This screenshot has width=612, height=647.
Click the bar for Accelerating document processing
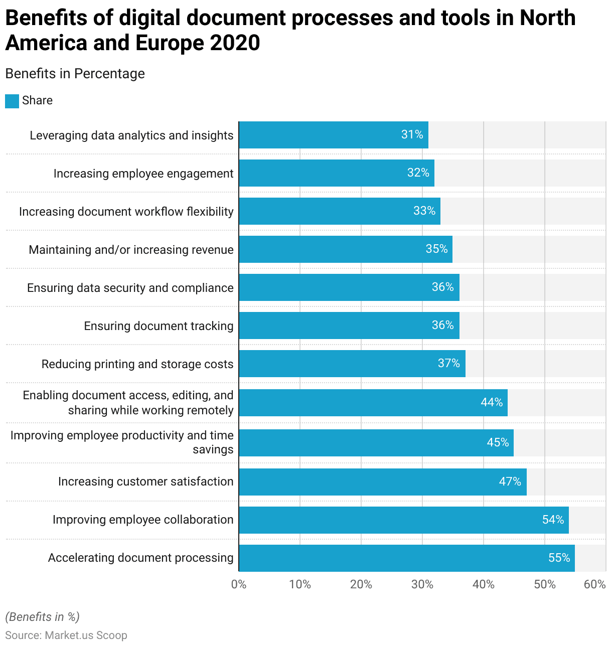tap(406, 558)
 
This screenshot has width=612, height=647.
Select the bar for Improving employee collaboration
tap(404, 520)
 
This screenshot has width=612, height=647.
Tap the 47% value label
tap(510, 481)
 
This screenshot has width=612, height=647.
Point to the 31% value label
tap(412, 134)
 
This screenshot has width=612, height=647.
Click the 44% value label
tap(492, 402)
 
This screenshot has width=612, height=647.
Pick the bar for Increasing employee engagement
tap(336, 173)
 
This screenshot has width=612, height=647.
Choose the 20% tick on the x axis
tap(361, 584)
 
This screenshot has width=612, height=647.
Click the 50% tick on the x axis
tap(545, 584)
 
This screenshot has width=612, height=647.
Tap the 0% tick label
tap(239, 584)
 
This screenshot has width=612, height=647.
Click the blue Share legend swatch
tap(12, 101)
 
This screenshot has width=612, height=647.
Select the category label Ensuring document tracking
tap(159, 326)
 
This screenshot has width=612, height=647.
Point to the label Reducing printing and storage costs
tap(137, 364)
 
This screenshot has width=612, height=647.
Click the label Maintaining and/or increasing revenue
tap(131, 250)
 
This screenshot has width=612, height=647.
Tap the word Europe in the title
tap(169, 43)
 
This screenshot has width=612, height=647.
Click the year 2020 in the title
tap(235, 43)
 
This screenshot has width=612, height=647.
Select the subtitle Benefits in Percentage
tap(75, 74)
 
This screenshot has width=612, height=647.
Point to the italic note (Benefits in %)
tap(42, 617)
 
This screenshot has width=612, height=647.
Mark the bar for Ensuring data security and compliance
tap(349, 287)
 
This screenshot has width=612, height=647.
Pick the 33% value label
tap(424, 211)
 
